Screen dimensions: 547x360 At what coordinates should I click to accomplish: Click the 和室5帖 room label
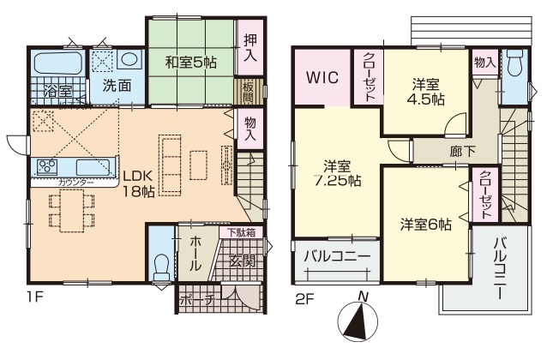191,62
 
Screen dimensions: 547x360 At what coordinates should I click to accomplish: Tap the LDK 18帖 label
138,183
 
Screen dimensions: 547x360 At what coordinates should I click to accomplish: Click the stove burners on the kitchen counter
47,167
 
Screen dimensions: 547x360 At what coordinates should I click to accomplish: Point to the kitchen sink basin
93,167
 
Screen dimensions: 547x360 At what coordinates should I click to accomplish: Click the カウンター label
76,182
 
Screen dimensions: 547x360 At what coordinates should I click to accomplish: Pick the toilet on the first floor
161,267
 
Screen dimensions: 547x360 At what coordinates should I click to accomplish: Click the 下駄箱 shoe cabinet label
241,232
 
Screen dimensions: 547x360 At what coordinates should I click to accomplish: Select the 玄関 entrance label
242,261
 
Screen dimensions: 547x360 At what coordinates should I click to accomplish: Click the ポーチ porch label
198,300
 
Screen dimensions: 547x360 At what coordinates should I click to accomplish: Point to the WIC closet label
322,77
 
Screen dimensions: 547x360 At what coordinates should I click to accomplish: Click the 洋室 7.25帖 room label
337,173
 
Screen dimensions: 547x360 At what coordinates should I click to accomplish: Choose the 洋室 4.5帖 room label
425,93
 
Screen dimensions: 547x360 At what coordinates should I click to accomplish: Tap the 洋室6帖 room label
426,225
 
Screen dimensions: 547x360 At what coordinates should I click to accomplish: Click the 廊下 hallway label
462,151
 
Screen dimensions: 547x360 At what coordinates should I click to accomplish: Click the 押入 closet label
249,48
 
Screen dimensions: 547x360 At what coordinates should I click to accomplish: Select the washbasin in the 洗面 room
129,60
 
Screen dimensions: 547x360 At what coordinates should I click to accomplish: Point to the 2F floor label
305,299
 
